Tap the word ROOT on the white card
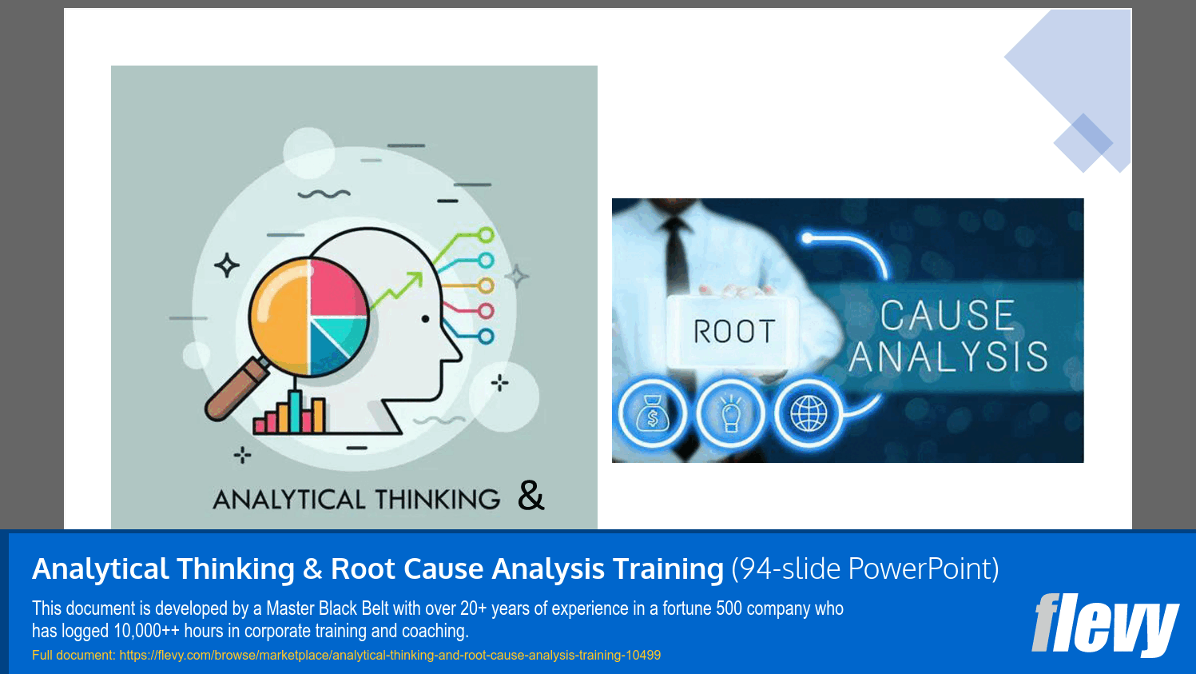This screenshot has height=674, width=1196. point(733,331)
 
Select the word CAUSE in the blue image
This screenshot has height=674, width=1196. point(947,315)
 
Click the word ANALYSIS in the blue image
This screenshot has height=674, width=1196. point(948,357)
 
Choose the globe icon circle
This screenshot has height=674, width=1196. point(809,414)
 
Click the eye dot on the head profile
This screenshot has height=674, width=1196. point(425,319)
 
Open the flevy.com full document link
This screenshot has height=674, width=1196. point(390,656)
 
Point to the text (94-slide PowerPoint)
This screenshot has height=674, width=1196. point(864,569)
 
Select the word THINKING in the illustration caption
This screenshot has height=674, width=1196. point(438,500)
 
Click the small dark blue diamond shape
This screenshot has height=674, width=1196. point(1083,142)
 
